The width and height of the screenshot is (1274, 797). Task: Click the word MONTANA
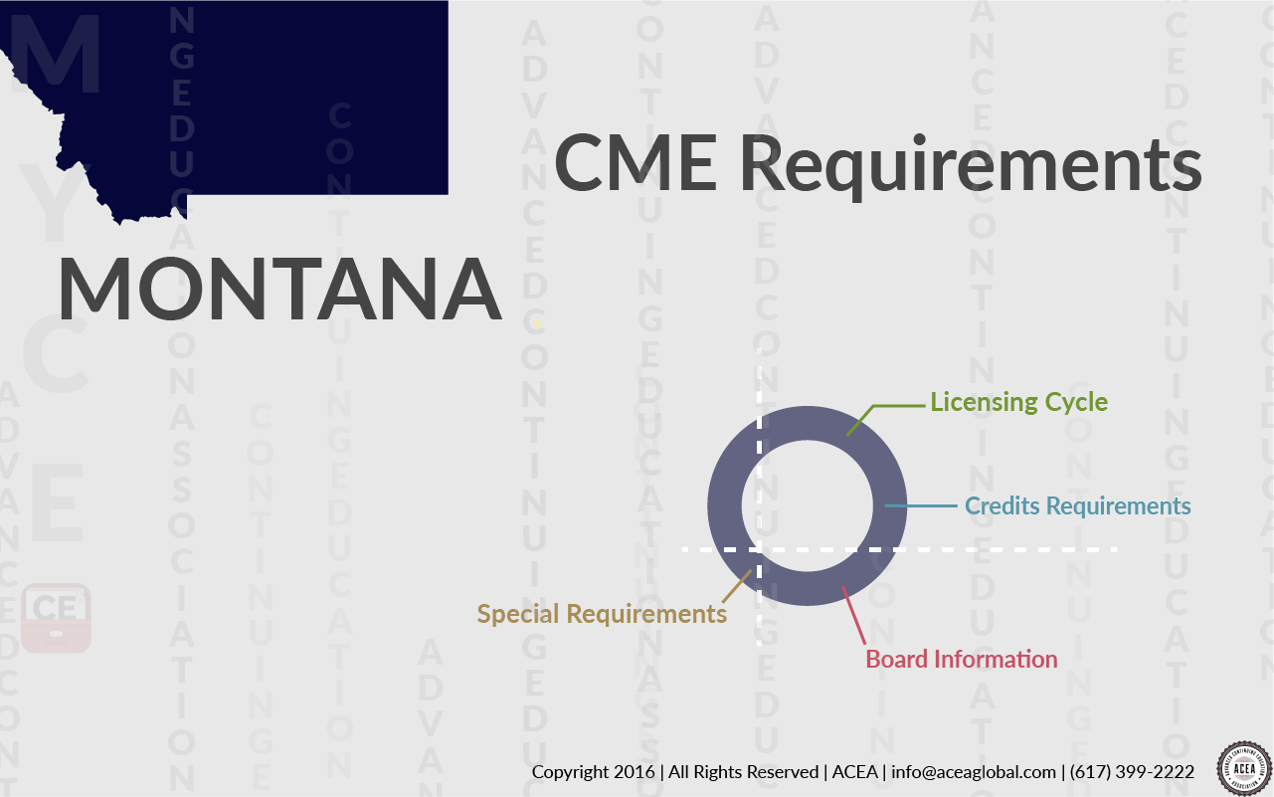(279, 289)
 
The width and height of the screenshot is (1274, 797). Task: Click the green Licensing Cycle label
(1018, 402)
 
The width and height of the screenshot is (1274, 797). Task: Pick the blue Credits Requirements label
(1077, 505)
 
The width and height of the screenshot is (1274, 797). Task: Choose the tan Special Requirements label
(602, 613)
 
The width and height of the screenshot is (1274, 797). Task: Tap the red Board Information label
(961, 659)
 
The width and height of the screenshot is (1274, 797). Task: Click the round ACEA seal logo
(1244, 768)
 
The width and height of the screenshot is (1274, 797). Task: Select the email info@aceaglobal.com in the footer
(974, 772)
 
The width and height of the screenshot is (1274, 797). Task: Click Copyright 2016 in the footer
(593, 772)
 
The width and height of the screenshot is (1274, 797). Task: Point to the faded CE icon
(57, 617)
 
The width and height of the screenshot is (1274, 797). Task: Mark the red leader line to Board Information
(853, 617)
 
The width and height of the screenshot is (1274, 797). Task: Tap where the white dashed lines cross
(759, 549)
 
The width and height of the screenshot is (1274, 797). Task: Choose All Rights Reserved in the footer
(744, 772)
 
